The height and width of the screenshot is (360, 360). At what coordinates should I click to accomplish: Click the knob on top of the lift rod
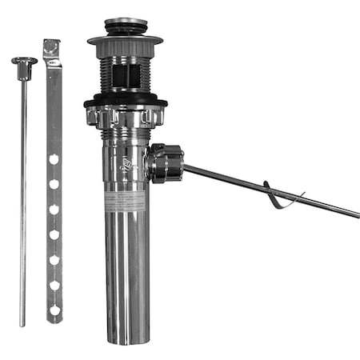tap(24, 62)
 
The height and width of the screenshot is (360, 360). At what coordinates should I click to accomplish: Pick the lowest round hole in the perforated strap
tap(54, 310)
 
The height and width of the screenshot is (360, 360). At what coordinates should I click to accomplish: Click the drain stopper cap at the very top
tap(126, 26)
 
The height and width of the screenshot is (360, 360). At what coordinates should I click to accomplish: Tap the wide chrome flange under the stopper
tap(126, 40)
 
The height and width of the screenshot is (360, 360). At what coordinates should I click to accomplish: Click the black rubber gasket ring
tap(126, 101)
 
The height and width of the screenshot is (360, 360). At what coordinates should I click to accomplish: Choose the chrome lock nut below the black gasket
tap(126, 117)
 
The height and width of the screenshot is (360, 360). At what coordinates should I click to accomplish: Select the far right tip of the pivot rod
tap(357, 215)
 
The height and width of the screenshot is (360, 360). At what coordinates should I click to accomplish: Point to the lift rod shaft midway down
tap(23, 192)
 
